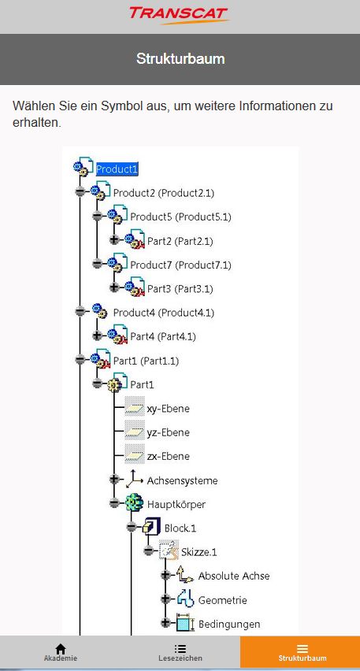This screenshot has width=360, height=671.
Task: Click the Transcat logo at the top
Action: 179,16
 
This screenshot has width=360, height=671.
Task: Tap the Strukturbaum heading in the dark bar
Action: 180,58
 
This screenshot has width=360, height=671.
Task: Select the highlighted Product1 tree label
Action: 117,169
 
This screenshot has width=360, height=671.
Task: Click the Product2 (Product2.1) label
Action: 164,193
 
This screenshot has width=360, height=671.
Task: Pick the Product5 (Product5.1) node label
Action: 180,217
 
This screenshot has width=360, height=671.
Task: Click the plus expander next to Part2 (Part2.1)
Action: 114,239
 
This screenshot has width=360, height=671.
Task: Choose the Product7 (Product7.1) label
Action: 180,265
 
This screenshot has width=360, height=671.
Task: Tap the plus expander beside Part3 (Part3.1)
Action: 114,287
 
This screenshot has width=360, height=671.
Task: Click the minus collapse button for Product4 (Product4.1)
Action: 80,311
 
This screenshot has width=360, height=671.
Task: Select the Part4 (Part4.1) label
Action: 163,337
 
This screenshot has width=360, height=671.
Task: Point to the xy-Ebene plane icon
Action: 135,409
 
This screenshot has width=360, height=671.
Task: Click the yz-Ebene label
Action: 169,432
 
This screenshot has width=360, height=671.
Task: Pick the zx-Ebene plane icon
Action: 135,456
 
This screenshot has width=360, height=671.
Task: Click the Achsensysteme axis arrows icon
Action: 135,480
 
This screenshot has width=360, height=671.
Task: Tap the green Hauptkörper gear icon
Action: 134,503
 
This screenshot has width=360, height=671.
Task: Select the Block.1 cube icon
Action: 151,527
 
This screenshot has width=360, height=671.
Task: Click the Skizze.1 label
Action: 199,552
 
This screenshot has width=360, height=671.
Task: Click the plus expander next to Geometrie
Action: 165,599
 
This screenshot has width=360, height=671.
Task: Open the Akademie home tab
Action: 61,652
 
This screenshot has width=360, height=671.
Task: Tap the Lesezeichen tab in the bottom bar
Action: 180,652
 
